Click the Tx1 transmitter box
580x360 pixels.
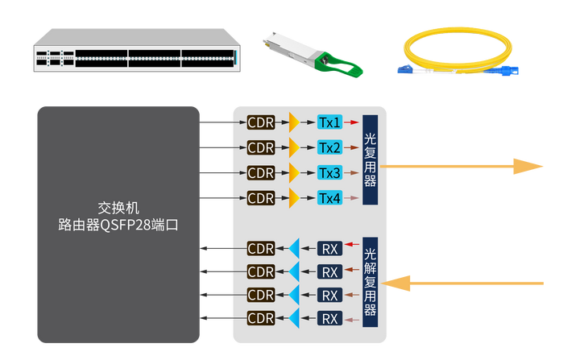(329, 122)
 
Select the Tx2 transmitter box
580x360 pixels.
(329, 147)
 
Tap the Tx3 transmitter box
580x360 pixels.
(329, 172)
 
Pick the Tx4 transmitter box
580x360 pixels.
(329, 197)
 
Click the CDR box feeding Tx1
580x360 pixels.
(261, 122)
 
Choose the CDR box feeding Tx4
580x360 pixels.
(261, 197)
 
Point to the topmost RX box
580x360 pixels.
(329, 248)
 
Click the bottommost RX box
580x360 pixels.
(329, 319)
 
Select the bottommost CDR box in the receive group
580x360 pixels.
(261, 319)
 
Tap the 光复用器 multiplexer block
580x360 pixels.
(370, 159)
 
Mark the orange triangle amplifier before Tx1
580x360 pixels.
(294, 122)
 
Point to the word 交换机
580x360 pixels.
(118, 208)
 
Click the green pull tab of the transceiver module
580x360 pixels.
(342, 64)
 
